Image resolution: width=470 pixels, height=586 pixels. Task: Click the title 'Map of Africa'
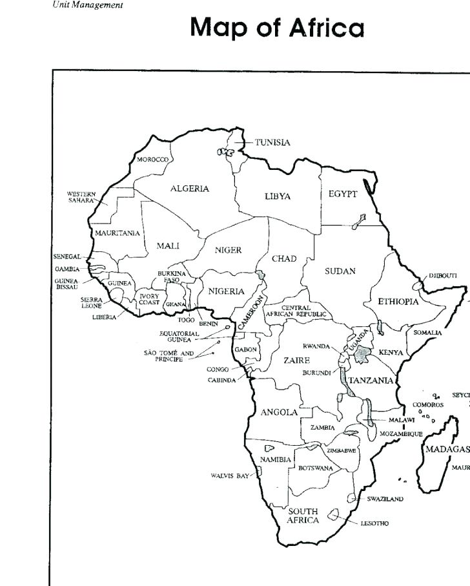click(x=277, y=28)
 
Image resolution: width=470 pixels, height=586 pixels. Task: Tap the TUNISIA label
click(x=272, y=142)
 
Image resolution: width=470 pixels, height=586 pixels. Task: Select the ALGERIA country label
click(x=190, y=189)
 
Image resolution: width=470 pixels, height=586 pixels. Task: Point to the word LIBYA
click(x=278, y=196)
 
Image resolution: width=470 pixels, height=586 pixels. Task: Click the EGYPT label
click(x=343, y=194)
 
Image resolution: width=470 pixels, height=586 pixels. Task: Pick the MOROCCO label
click(x=152, y=160)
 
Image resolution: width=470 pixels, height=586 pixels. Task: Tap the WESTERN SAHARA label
click(x=81, y=197)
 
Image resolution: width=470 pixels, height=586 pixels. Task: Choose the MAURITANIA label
click(x=117, y=233)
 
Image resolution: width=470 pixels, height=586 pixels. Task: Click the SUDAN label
click(x=340, y=271)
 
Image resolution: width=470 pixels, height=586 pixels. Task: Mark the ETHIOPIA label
click(x=398, y=302)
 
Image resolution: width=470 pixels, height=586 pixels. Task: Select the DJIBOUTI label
click(x=443, y=275)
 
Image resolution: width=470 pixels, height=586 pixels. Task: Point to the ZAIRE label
click(x=296, y=360)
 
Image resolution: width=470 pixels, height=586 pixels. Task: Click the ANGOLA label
click(x=279, y=412)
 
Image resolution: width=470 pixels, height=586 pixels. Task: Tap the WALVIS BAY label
click(x=229, y=476)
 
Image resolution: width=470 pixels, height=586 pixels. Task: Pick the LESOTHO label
click(x=374, y=523)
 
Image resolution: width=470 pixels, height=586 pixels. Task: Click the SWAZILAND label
click(x=385, y=499)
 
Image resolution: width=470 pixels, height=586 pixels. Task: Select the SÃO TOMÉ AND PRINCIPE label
click(x=169, y=356)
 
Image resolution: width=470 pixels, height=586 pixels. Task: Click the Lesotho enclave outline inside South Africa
click(x=334, y=516)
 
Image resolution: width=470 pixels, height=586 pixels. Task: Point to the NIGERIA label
click(x=226, y=291)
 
